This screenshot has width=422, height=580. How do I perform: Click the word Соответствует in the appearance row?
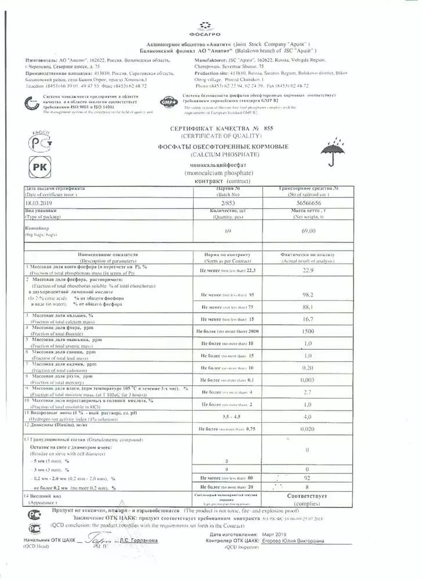(x=308, y=497)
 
